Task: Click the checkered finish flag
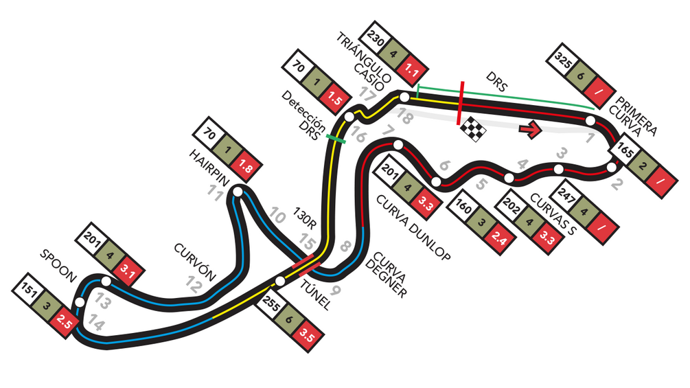[x=473, y=129]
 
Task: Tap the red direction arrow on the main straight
[x=530, y=129]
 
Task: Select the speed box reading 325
[x=563, y=60]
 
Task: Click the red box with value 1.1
[x=411, y=70]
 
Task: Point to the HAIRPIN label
[x=209, y=168]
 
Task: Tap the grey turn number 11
[x=216, y=194]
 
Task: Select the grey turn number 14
[x=95, y=323]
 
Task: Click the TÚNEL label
[x=314, y=295]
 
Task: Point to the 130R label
[x=305, y=218]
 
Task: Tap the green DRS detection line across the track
[x=336, y=139]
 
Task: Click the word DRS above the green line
[x=497, y=82]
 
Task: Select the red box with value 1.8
[x=244, y=166]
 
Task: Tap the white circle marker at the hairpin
[x=238, y=192]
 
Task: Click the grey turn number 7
[x=387, y=130]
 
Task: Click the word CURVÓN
[x=195, y=262]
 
